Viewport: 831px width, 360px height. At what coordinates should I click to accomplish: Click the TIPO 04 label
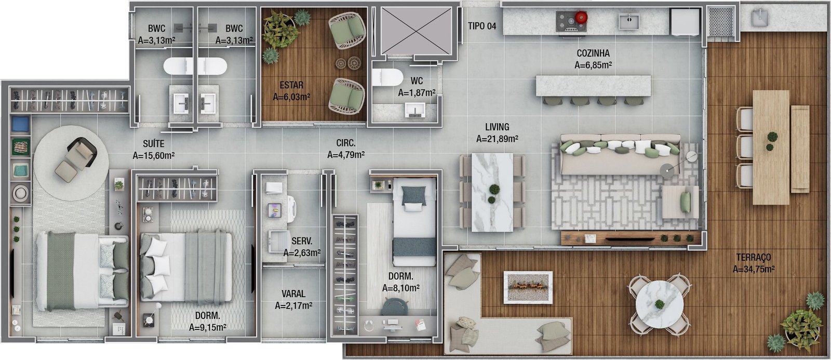[482, 26]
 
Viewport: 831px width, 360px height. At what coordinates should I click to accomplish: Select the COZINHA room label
[593, 54]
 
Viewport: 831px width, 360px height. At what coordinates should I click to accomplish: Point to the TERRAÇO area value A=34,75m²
[754, 269]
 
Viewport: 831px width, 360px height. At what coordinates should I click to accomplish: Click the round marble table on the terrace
[659, 305]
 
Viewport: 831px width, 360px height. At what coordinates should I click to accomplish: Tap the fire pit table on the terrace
[528, 287]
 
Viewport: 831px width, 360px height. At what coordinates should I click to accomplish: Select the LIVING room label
[497, 127]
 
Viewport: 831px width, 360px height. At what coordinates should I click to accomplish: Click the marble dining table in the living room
[492, 192]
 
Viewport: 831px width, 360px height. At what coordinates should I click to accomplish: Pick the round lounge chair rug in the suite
[71, 163]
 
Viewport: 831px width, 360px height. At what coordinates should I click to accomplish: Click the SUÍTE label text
[154, 143]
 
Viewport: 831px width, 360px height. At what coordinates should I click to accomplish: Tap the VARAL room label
[293, 294]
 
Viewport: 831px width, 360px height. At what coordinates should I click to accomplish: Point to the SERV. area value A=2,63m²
[302, 253]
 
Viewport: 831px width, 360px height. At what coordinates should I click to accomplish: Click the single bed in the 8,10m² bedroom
[414, 222]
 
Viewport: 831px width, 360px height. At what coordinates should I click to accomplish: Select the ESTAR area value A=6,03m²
[291, 97]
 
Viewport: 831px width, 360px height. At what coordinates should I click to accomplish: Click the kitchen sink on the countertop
[628, 21]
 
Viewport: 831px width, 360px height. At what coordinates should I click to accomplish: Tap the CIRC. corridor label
[346, 142]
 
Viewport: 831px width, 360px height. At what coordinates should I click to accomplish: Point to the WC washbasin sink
[415, 110]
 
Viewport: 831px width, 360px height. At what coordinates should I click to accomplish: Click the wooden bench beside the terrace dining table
[800, 149]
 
